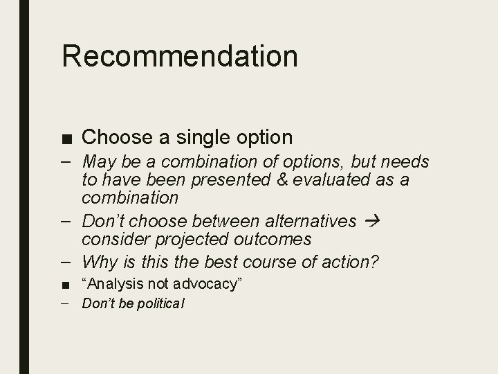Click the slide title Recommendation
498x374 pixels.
pyautogui.click(x=180, y=57)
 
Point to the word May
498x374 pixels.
pyautogui.click(x=98, y=163)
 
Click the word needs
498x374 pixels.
pyautogui.click(x=405, y=163)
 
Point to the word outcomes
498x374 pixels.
pyautogui.click(x=273, y=240)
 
